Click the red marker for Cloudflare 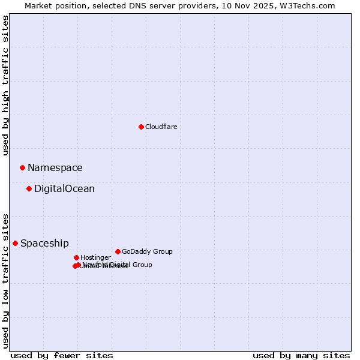coord(141,127)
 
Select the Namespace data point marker coord(22,167)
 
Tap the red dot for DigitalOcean coord(29,189)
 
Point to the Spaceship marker coord(15,243)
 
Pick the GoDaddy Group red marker coord(118,251)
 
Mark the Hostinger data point coord(76,257)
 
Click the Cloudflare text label coord(161,127)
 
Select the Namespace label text coord(55,168)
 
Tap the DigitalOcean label coord(64,189)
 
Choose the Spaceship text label coord(44,243)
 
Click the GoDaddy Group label coord(147,251)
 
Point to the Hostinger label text coord(95,257)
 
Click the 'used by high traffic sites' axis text coord(5,85)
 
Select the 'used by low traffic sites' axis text coord(5,281)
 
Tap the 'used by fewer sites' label coord(62,355)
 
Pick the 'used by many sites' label coord(301,355)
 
